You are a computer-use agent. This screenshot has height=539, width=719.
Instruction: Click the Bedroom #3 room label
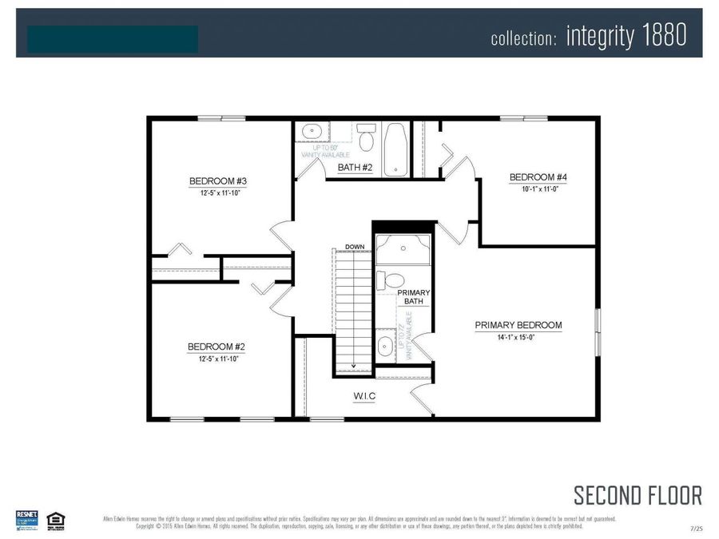click(212, 180)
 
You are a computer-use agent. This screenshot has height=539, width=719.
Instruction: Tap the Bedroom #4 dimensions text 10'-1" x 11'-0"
click(532, 189)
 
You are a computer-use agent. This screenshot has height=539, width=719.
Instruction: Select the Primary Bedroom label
click(518, 326)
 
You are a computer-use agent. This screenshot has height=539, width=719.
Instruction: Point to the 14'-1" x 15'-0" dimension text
click(518, 338)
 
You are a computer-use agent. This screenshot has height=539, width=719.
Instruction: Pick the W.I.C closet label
click(364, 396)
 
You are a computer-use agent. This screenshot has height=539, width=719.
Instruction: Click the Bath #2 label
click(356, 168)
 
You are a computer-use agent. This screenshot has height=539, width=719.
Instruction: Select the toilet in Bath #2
click(366, 138)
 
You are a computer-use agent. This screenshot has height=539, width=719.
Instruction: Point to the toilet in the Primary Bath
click(390, 281)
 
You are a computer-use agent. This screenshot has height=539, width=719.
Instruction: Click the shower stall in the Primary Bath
click(403, 249)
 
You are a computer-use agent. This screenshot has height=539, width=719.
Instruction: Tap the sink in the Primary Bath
click(385, 347)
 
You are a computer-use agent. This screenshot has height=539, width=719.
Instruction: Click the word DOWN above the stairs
click(355, 246)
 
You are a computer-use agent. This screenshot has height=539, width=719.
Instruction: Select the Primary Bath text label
click(414, 297)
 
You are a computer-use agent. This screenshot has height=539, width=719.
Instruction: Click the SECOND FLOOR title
click(638, 495)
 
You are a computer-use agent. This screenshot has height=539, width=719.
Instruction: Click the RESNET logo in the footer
click(26, 519)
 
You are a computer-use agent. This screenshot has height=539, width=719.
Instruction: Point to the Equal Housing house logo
click(55, 520)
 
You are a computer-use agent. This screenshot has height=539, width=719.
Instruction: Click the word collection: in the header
click(523, 38)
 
